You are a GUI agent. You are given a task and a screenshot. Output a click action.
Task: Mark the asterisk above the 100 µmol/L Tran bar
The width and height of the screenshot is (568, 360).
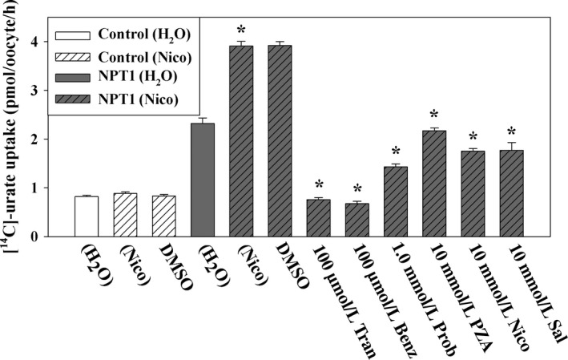click(320, 187)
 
